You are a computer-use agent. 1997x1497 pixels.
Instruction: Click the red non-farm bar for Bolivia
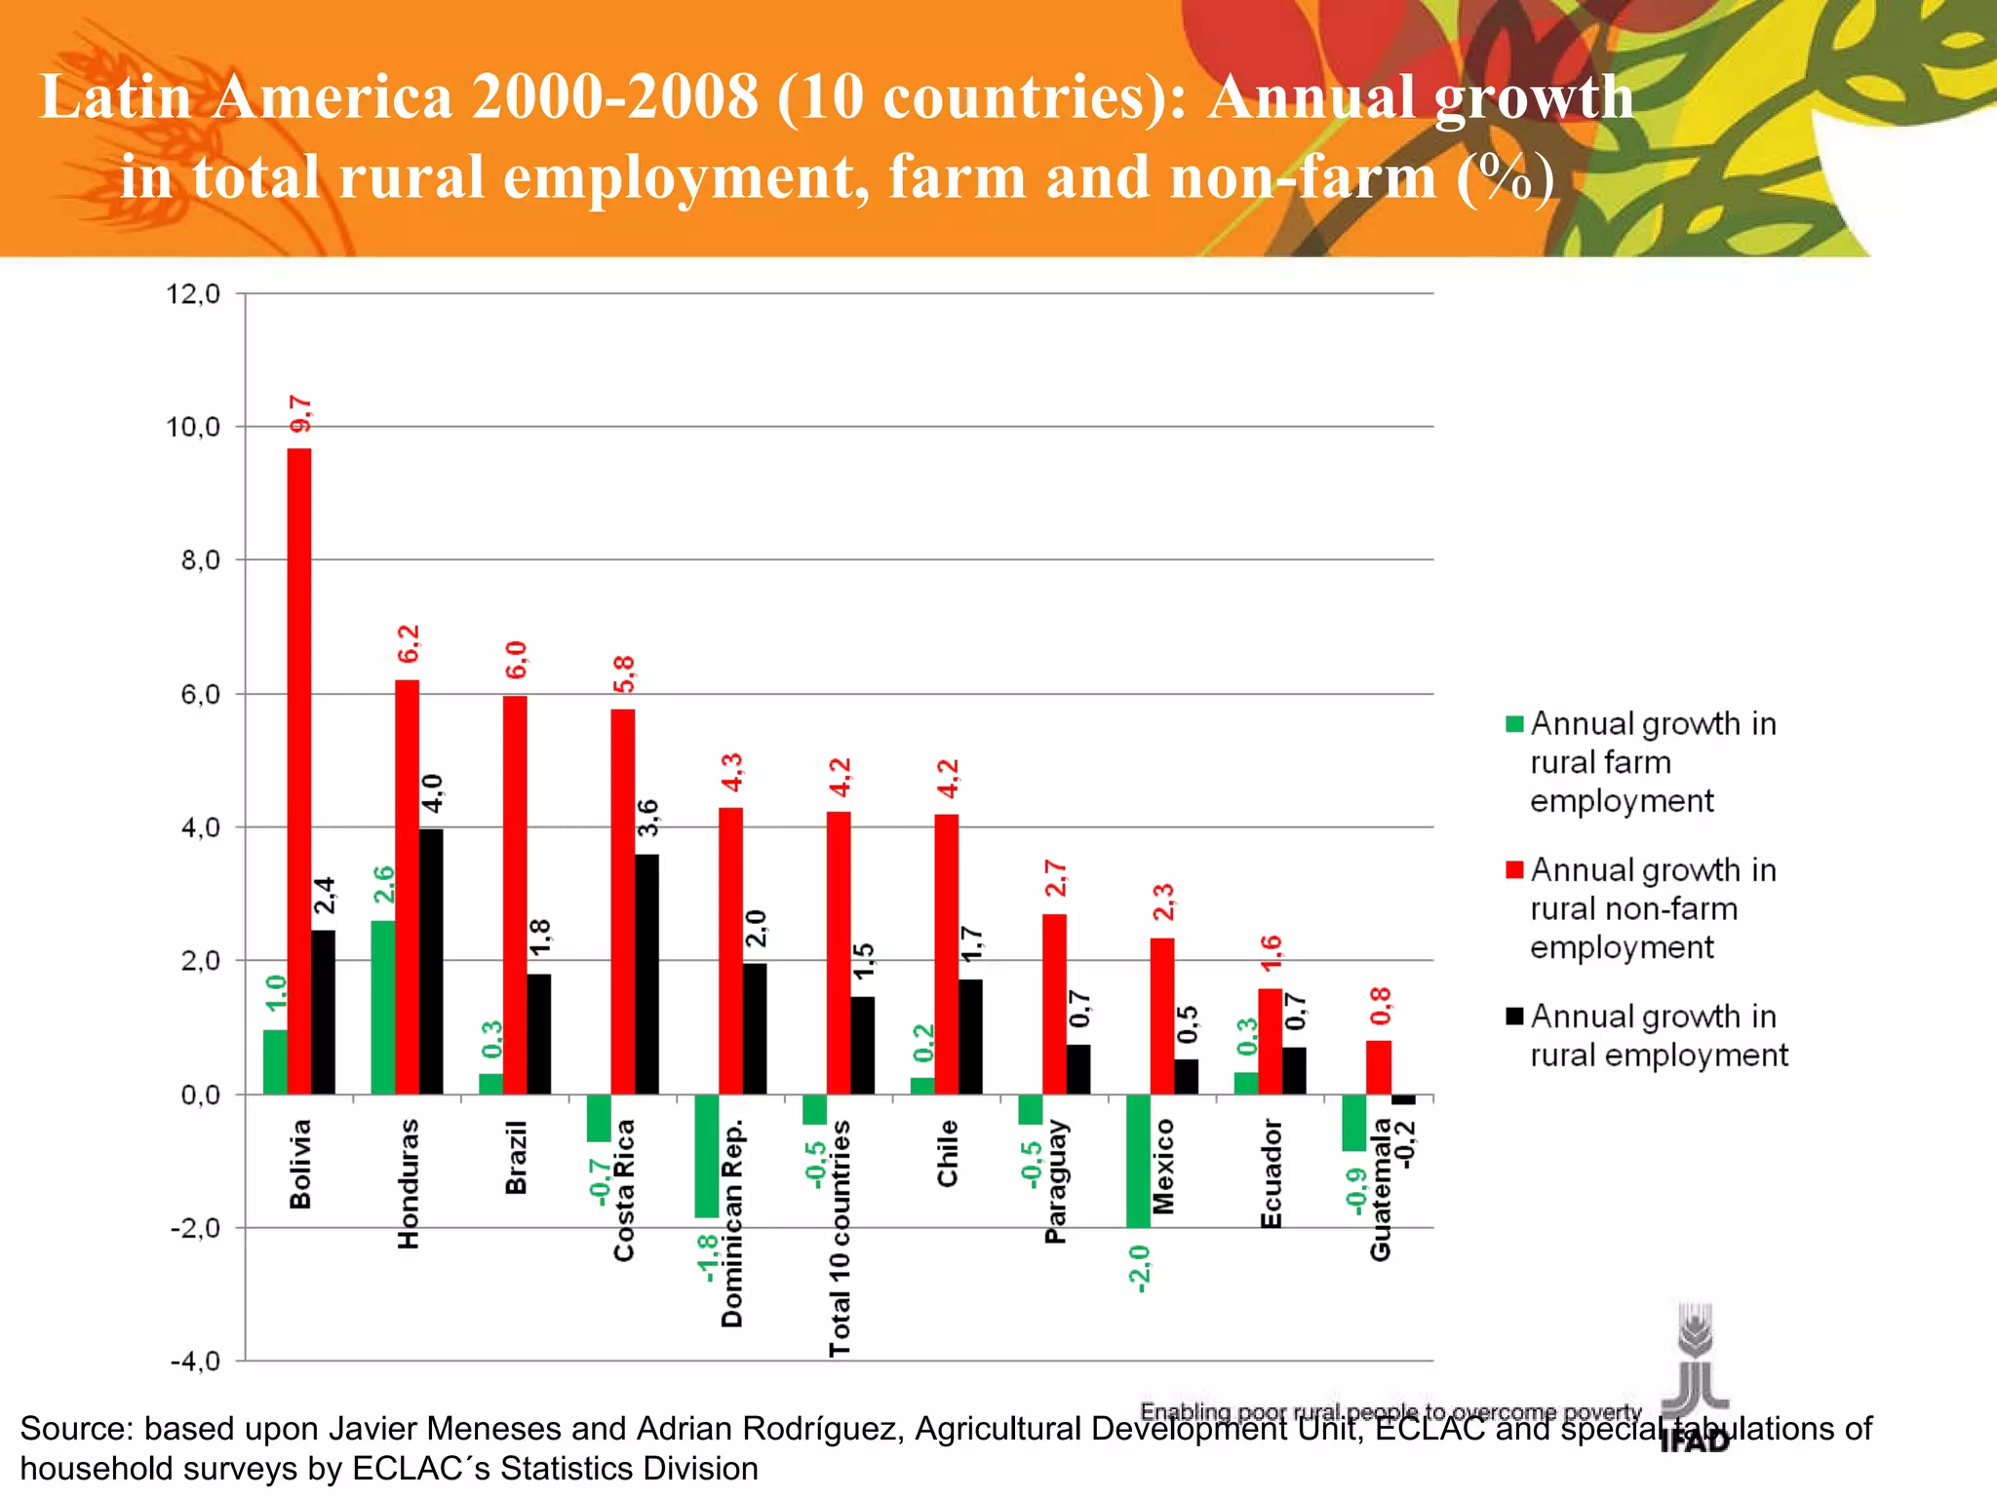click(299, 770)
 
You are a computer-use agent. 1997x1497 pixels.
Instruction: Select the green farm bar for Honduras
click(383, 1007)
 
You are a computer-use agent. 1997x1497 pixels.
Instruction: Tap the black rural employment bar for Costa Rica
click(646, 974)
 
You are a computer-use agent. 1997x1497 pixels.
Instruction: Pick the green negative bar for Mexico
click(1138, 1160)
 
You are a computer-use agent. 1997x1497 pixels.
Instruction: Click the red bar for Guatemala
click(1379, 1067)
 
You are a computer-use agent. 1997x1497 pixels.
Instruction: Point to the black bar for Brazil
click(538, 1033)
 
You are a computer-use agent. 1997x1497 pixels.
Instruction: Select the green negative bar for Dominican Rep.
click(706, 1156)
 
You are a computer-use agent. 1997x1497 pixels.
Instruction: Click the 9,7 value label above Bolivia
click(301, 414)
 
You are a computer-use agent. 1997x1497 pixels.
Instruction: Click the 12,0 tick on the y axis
click(193, 293)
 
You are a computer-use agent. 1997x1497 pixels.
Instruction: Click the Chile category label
click(948, 1153)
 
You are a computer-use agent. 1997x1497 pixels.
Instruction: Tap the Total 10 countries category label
click(840, 1238)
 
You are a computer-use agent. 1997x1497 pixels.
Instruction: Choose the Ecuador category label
click(1271, 1173)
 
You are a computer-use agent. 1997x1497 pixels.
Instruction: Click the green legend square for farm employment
click(1514, 724)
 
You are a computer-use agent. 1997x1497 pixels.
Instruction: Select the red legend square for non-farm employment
click(1514, 870)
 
